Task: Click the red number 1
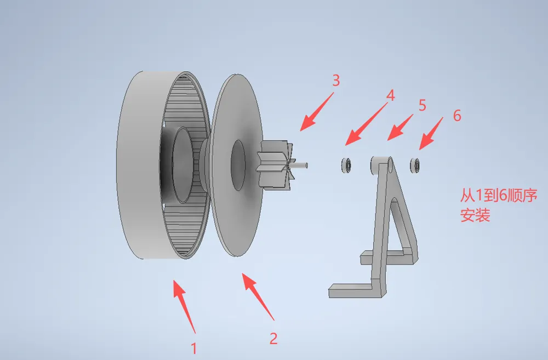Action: tap(193, 348)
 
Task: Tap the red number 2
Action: tap(273, 338)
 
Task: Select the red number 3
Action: tap(336, 81)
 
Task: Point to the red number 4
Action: tap(390, 95)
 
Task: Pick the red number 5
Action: tap(422, 105)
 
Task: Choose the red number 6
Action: tap(457, 115)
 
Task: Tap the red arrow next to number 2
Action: tap(258, 296)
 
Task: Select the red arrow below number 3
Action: tap(317, 111)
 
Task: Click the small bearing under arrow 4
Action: tap(346, 165)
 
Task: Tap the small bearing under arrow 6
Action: tap(414, 165)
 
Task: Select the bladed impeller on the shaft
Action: tap(276, 165)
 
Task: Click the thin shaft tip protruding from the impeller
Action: tap(301, 165)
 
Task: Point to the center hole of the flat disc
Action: tap(238, 165)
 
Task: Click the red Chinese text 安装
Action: tap(475, 215)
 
